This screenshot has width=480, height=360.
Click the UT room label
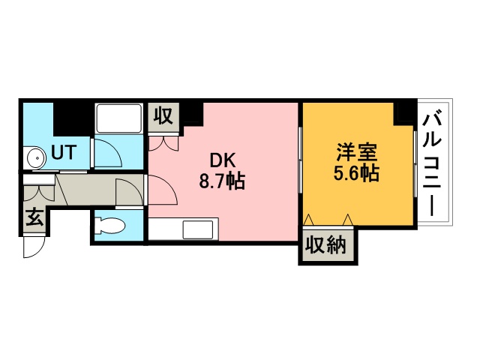pyautogui.click(x=64, y=152)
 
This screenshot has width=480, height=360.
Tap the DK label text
pyautogui.click(x=223, y=160)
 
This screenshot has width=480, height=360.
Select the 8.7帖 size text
pyautogui.click(x=222, y=181)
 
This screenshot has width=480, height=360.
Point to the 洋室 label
pyautogui.click(x=357, y=152)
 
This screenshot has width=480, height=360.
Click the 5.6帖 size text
pyautogui.click(x=357, y=173)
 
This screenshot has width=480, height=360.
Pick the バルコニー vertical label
pyautogui.click(x=432, y=165)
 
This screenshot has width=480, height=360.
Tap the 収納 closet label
pyautogui.click(x=326, y=245)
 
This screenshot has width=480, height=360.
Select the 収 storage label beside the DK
pyautogui.click(x=163, y=117)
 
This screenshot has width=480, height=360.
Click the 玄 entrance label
pyautogui.click(x=34, y=217)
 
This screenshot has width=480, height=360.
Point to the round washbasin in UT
pyautogui.click(x=37, y=158)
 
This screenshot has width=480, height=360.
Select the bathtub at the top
pyautogui.click(x=118, y=118)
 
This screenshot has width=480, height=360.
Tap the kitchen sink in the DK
pyautogui.click(x=198, y=229)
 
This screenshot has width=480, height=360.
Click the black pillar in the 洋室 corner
pyautogui.click(x=405, y=113)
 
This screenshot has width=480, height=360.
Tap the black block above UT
pyautogui.click(x=73, y=118)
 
